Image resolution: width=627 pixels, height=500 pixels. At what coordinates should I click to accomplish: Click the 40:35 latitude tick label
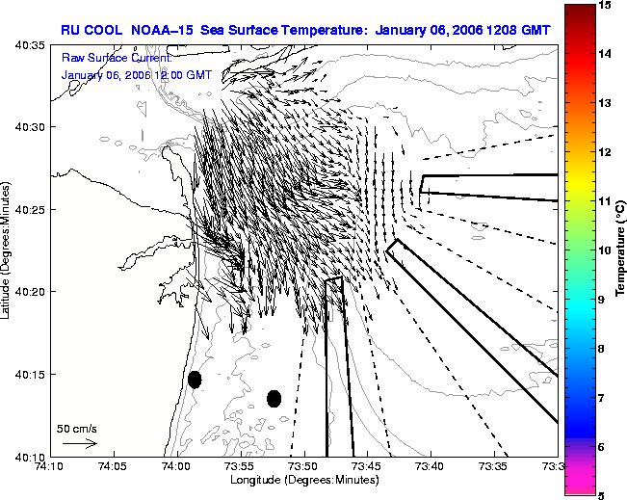[x=31, y=45]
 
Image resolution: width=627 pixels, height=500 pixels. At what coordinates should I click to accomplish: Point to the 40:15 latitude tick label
[x=31, y=375]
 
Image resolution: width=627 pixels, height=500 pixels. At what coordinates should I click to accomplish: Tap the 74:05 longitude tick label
[x=114, y=466]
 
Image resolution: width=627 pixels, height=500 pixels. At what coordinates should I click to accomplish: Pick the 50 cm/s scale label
[x=77, y=430]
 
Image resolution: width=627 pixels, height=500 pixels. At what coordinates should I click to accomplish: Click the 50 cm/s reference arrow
[x=80, y=443]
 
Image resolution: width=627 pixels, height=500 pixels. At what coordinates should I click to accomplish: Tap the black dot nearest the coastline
[x=195, y=380]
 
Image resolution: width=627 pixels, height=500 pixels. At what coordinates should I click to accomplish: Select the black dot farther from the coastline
[x=274, y=399]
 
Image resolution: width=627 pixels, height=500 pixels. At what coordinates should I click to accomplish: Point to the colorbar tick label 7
[x=601, y=398]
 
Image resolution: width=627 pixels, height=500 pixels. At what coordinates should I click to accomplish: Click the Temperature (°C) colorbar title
[x=620, y=249]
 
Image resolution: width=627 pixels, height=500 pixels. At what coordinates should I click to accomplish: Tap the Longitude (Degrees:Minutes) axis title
[x=304, y=480]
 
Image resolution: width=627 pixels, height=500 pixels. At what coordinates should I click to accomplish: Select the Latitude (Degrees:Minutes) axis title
[x=5, y=250]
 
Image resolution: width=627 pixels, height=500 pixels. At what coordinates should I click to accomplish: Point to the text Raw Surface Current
[x=117, y=58]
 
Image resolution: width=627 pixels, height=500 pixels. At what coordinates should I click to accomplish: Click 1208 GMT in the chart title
[x=518, y=31]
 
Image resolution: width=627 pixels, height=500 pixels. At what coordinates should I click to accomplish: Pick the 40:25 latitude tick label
[x=31, y=210]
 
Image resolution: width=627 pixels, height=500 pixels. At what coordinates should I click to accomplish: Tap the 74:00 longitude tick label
[x=177, y=466]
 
